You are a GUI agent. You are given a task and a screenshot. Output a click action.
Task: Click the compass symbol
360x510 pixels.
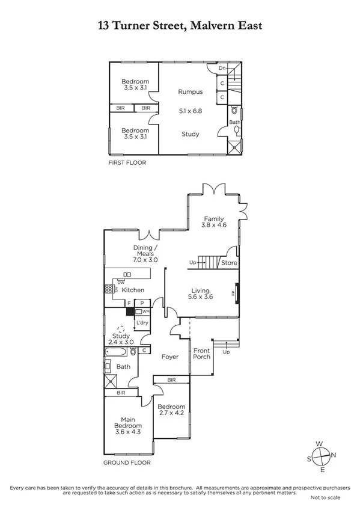tap(322, 455)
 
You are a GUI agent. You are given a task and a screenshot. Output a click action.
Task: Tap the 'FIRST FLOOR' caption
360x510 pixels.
tap(127, 163)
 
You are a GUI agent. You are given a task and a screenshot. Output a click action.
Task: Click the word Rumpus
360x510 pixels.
tap(190, 92)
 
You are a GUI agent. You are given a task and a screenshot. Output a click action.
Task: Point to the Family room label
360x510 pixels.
tap(213, 219)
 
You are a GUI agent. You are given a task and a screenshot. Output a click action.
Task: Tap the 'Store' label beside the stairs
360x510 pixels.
tap(229, 263)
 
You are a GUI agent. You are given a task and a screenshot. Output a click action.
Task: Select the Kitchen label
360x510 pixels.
tap(133, 290)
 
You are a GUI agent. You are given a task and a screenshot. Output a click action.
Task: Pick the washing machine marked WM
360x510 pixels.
tap(145, 312)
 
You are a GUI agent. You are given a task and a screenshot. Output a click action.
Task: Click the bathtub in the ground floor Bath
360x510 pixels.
tap(118, 351)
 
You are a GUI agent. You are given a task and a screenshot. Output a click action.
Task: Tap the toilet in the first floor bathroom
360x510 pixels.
tap(234, 111)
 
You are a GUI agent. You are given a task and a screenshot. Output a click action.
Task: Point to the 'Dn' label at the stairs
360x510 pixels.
tap(222, 69)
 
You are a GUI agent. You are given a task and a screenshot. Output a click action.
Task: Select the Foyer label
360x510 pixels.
tap(170, 357)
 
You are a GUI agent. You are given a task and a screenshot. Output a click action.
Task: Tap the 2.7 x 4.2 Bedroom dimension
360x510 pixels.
tap(171, 413)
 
